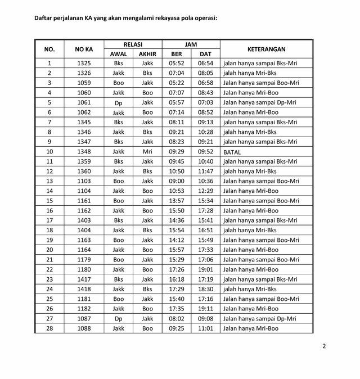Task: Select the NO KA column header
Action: point(84,49)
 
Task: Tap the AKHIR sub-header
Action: point(147,54)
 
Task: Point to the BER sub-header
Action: point(177,54)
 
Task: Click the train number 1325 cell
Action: point(84,64)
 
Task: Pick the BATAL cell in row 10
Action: point(232,152)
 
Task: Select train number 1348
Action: point(84,152)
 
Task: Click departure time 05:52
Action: point(177,64)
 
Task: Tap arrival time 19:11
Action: point(205,309)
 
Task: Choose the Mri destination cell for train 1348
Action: point(147,152)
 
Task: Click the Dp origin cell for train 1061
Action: point(118,103)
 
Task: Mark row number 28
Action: point(49,328)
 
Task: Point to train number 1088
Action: point(84,328)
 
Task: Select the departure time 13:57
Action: point(177,201)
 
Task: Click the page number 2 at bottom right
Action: point(324,346)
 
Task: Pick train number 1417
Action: point(84,279)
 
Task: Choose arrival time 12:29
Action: point(205,191)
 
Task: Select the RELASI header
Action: point(133,44)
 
